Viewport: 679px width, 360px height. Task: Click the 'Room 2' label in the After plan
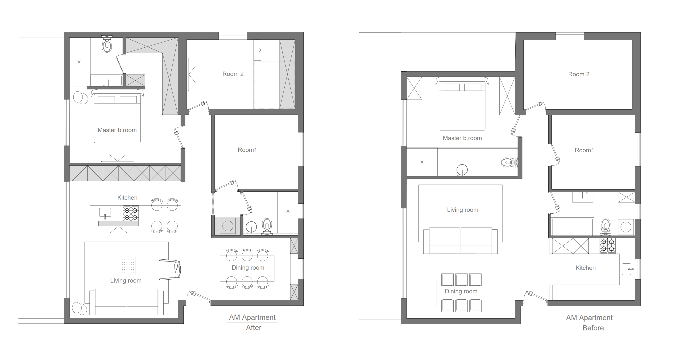coord(233,74)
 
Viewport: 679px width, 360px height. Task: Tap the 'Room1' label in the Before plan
coord(584,150)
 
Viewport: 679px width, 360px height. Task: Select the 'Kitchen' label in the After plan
coord(127,198)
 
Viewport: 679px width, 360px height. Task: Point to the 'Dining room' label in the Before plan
coord(461,291)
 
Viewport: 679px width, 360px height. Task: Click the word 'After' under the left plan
coord(254,328)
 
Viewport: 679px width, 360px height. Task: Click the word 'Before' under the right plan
coord(593,328)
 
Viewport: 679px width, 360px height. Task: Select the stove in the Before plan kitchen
coord(608,246)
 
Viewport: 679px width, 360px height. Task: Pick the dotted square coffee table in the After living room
coord(127,266)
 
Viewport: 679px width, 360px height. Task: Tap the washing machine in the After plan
coord(228,226)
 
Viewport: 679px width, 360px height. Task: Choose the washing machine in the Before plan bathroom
coord(626,227)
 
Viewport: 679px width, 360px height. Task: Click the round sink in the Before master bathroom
coord(462,170)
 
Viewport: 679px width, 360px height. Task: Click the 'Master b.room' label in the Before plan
coord(462,138)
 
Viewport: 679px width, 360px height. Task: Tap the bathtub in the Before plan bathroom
coord(572,227)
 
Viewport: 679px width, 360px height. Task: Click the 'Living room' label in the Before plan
coord(463,210)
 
